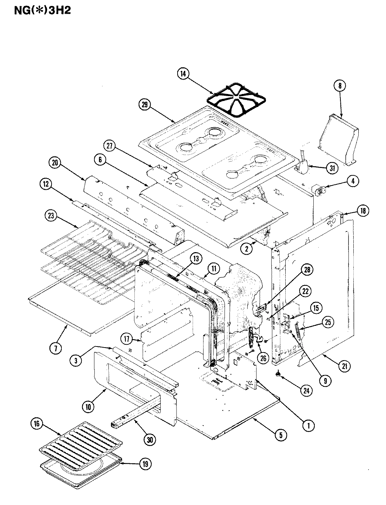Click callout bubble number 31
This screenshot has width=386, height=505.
pyautogui.click(x=332, y=168)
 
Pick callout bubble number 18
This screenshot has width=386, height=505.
pyautogui.click(x=362, y=211)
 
